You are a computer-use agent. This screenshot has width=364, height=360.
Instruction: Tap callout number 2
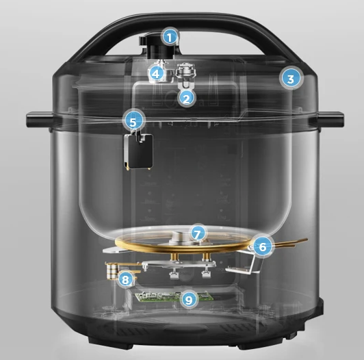tap(186, 98)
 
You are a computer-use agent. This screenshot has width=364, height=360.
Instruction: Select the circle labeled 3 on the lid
tap(290, 78)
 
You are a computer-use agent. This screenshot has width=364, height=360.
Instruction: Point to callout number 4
tap(157, 73)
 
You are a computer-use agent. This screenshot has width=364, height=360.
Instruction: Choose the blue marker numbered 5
tap(135, 121)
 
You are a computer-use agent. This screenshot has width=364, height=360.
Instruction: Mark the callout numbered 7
tap(197, 233)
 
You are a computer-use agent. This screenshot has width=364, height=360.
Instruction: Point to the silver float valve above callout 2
tap(185, 75)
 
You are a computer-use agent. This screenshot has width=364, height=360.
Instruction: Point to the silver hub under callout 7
tap(179, 237)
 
